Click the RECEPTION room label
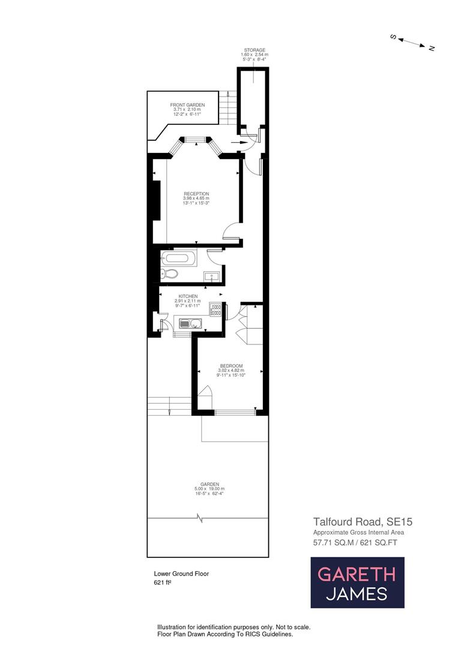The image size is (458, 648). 196,194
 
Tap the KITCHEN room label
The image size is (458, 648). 188,296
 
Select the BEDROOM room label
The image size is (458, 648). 231,366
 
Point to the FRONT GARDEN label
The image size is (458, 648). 187,105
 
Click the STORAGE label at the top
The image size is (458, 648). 254,50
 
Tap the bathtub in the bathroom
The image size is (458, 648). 179,259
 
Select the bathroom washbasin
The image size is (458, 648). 211,276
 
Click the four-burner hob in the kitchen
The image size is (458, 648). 215,309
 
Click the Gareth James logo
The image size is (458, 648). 357,583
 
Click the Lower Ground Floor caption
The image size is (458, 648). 181,574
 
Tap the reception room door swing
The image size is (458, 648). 231,231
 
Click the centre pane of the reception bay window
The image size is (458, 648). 194,140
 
